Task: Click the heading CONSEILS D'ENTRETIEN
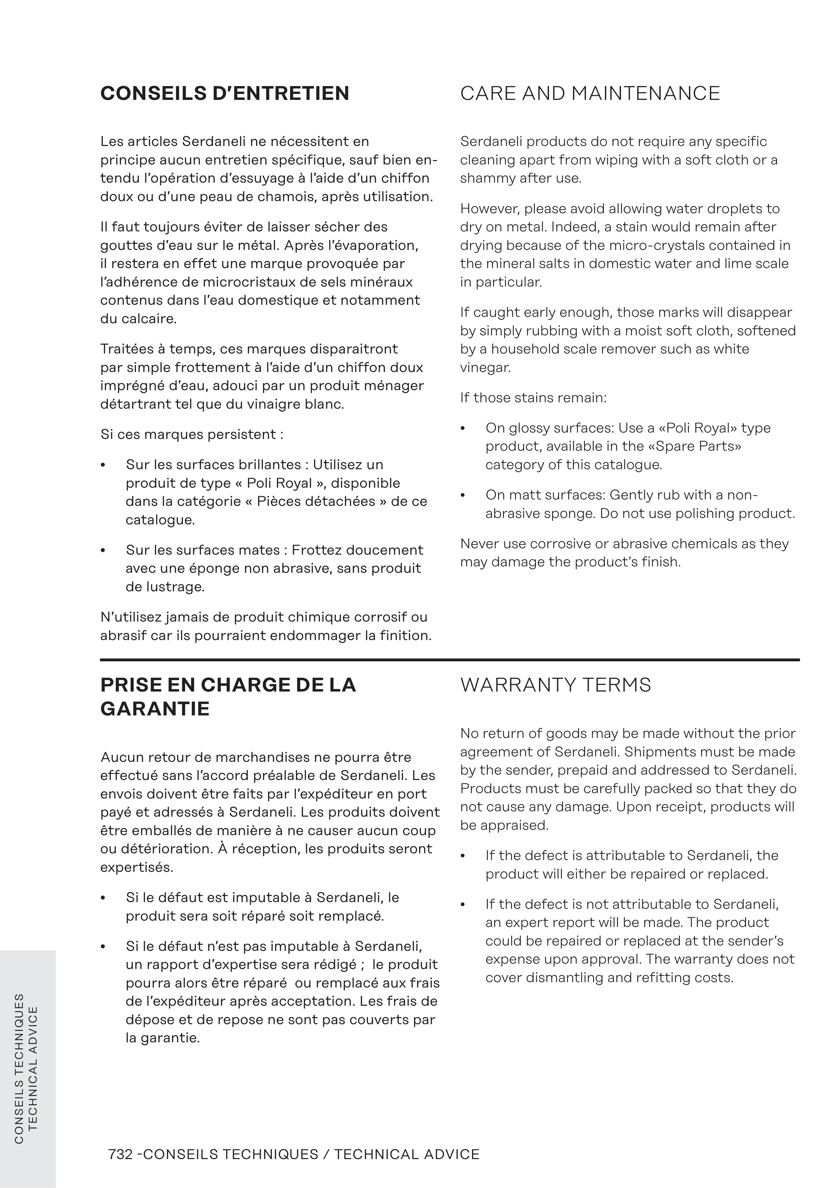[225, 94]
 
